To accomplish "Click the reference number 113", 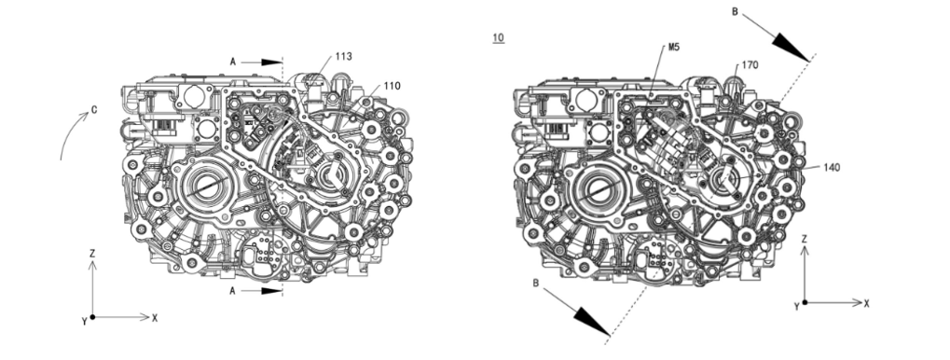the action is click(343, 56).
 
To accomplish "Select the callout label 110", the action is click(392, 86).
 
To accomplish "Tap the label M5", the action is click(674, 47).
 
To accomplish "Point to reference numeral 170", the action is click(750, 65).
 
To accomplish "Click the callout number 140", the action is click(832, 167).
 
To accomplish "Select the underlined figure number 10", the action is click(498, 37).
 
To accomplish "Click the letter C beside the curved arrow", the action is click(94, 110).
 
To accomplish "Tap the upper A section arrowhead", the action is click(272, 62).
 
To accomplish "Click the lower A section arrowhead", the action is click(272, 291).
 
